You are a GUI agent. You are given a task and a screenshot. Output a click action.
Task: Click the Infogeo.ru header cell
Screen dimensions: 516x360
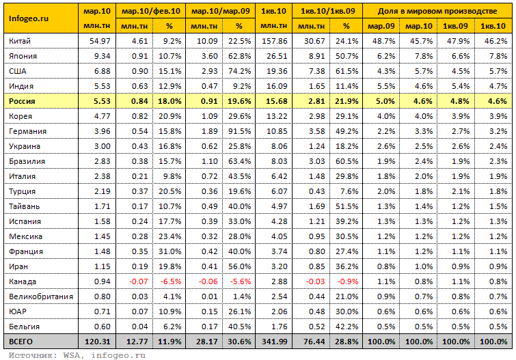point(29,18)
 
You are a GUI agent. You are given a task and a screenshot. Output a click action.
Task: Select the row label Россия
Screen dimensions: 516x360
point(22,101)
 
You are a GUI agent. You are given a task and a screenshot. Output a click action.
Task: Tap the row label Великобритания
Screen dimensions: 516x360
point(41,296)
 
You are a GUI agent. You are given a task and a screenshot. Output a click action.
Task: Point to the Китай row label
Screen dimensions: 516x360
point(19,41)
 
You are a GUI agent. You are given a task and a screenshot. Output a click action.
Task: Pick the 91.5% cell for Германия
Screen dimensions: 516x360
point(239,131)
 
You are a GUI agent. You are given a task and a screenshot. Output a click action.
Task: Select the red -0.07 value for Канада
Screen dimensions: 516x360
point(139,281)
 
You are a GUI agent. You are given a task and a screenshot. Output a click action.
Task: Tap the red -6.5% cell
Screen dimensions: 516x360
point(171,281)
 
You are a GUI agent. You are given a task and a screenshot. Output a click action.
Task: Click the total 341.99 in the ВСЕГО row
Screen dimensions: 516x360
point(275,342)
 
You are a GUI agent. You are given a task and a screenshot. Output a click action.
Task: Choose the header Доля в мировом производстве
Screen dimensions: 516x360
point(437,11)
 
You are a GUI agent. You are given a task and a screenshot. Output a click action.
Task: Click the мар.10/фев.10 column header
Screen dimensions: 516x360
point(151,11)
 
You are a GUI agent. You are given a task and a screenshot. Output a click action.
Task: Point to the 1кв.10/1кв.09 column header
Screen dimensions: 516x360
point(328,11)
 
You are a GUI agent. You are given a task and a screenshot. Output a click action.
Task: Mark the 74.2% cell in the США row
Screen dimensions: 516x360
point(239,71)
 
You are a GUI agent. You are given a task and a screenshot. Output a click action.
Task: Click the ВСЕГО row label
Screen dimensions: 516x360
point(21,342)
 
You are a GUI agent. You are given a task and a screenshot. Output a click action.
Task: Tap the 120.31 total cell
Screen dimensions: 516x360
point(98,342)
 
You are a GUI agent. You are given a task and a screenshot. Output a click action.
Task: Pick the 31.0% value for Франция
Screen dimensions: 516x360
point(169,251)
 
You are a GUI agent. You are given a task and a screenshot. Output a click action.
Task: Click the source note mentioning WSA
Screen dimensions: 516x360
point(77,355)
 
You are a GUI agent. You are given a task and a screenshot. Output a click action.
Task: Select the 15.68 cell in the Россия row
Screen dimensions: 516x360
point(276,101)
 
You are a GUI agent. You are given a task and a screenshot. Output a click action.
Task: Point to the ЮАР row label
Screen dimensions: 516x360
point(18,311)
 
